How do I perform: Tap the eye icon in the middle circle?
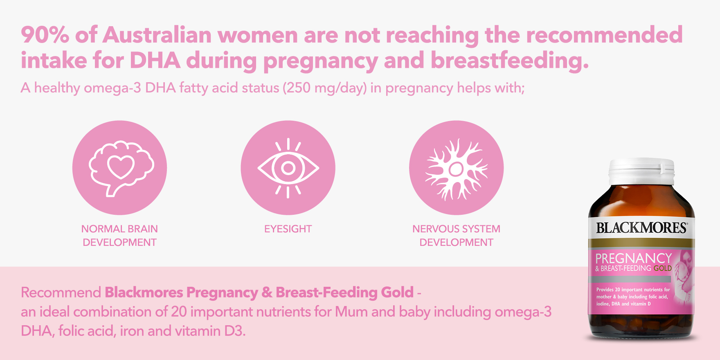tap(288, 168)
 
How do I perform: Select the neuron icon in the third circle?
tap(457, 169)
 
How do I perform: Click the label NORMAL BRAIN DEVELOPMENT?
tap(119, 236)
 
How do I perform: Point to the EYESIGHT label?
tap(288, 229)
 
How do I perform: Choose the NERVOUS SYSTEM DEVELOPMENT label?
tap(456, 236)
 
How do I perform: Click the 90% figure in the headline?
tap(45, 35)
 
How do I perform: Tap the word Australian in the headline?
tap(157, 35)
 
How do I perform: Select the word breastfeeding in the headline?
tap(510, 61)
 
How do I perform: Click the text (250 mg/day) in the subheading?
tap(325, 88)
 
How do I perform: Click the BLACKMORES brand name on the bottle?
tap(641, 228)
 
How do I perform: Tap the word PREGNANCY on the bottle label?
tap(634, 258)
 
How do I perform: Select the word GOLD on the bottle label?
tap(663, 268)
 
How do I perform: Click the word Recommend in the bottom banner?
tap(61, 292)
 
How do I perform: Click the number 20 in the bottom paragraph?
tap(179, 312)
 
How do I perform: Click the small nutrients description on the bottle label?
tap(632, 297)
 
